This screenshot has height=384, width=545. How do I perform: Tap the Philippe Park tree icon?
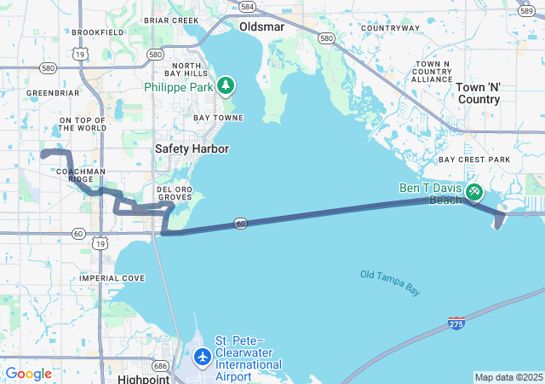point(226,84)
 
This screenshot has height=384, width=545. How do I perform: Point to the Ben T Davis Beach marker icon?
point(473,194)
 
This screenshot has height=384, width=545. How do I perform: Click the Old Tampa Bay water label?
point(390,282)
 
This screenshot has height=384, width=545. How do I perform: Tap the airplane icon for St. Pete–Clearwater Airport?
point(203,356)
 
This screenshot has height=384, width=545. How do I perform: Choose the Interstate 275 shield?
point(456,323)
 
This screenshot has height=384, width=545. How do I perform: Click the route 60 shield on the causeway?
point(242,224)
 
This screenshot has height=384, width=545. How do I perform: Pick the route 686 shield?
point(160,364)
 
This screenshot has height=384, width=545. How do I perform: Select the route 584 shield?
point(247,7)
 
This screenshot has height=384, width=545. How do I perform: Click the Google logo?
point(29,374)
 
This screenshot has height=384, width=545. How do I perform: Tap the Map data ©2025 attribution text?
point(508,377)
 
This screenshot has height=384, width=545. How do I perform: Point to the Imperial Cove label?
point(112,278)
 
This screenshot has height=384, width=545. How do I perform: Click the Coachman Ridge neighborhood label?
point(81,175)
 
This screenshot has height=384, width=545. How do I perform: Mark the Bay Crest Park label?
point(473,160)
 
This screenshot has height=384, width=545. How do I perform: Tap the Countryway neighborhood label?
point(390,28)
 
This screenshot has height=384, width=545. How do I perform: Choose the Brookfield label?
point(98,32)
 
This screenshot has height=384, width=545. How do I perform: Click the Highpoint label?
point(145,378)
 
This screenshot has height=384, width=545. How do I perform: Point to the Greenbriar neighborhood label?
point(53,92)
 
